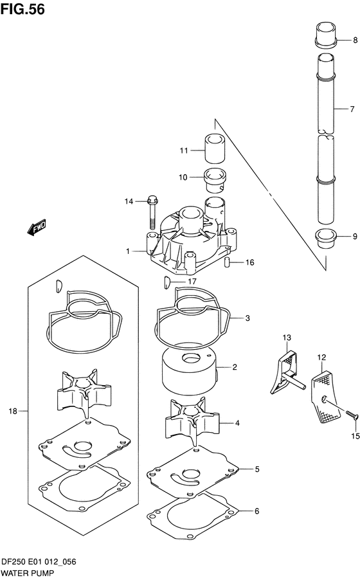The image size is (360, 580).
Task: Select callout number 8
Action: [x=353, y=41]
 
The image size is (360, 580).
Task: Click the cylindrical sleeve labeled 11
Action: [x=213, y=150]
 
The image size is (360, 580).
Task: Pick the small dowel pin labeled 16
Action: [x=227, y=262]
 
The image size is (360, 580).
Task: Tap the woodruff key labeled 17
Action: [x=166, y=281]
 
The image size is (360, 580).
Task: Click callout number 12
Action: [x=321, y=356]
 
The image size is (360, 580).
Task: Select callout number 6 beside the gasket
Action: [x=256, y=511]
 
